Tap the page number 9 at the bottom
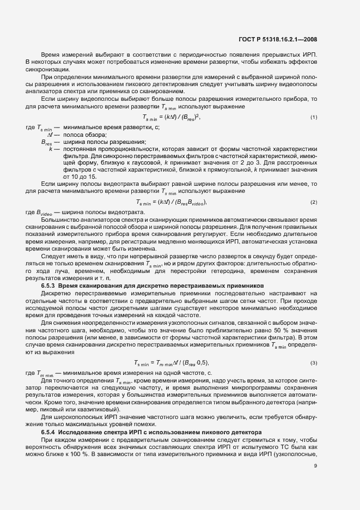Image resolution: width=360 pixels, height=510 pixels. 315,465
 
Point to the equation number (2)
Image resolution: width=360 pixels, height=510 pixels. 314,203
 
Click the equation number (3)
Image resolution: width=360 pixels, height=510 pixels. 314,363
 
